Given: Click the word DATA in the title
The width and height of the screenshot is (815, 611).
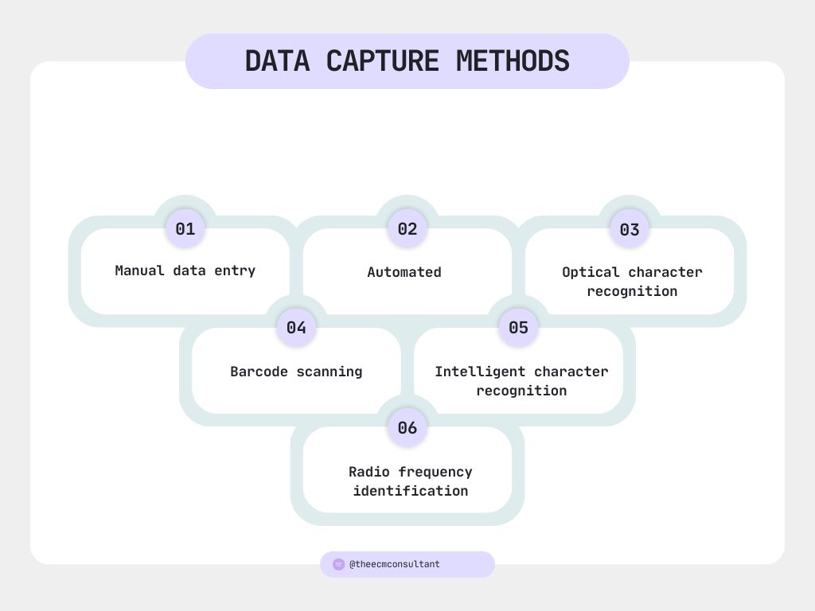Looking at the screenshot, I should pyautogui.click(x=277, y=61).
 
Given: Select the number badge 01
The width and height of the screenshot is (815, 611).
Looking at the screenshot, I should pyautogui.click(x=185, y=229).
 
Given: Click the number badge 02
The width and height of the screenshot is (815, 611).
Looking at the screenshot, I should pyautogui.click(x=407, y=229).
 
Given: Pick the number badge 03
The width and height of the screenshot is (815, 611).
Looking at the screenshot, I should pyautogui.click(x=630, y=230).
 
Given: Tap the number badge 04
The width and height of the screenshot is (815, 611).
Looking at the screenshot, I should pyautogui.click(x=296, y=328).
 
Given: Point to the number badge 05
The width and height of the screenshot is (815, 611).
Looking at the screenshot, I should pyautogui.click(x=518, y=328).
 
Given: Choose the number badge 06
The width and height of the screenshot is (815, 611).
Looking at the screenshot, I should pyautogui.click(x=407, y=428).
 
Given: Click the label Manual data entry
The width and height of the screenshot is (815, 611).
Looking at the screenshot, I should pyautogui.click(x=185, y=270).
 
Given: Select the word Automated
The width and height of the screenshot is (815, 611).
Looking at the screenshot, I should pyautogui.click(x=404, y=272).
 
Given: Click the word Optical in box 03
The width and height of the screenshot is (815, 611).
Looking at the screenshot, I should pyautogui.click(x=591, y=272).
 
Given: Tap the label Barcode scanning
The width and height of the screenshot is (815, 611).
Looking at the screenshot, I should pyautogui.click(x=296, y=372).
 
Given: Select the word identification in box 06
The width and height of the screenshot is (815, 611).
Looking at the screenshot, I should pyautogui.click(x=411, y=491).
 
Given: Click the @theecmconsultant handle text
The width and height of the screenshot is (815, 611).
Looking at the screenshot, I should pyautogui.click(x=395, y=565).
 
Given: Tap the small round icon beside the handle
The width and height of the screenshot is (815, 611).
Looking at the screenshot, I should pyautogui.click(x=338, y=565).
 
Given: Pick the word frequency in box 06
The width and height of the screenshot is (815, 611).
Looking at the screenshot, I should pyautogui.click(x=435, y=472).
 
